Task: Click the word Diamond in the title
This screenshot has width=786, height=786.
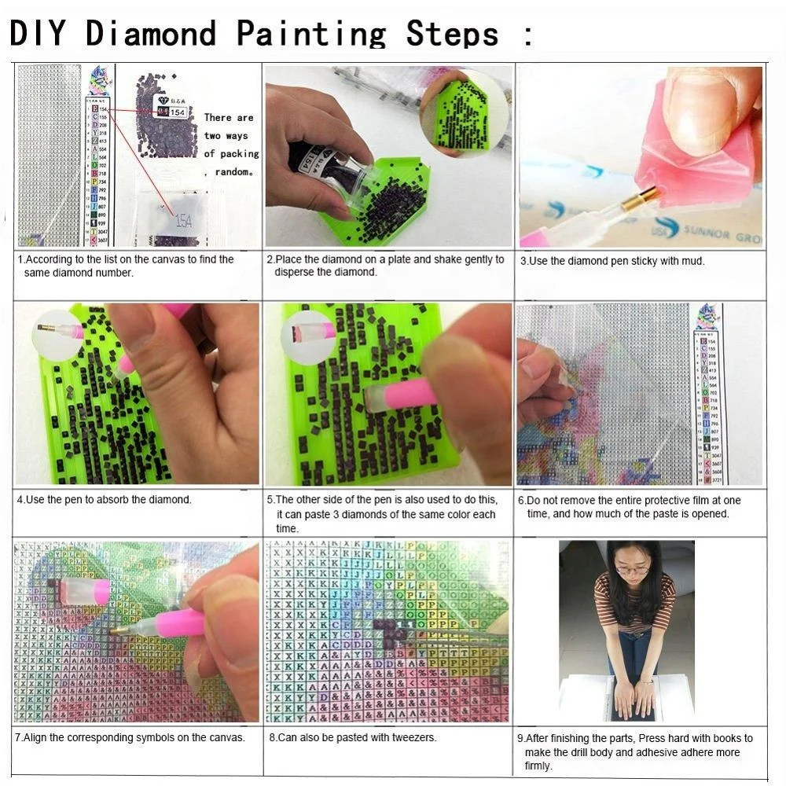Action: click(151, 33)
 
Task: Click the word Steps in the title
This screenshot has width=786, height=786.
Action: click(452, 33)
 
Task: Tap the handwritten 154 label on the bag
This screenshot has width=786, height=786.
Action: click(183, 221)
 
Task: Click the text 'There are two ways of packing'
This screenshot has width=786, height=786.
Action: click(230, 135)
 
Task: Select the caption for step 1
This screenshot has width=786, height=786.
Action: click(126, 266)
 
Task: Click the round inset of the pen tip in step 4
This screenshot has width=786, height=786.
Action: click(58, 333)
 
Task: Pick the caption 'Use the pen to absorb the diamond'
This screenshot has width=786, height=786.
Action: click(105, 499)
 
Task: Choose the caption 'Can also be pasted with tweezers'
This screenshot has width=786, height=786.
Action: click(353, 737)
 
